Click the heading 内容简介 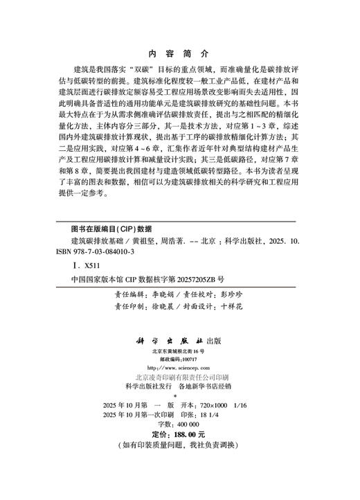coord(179,53)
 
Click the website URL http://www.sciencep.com coord(180,367)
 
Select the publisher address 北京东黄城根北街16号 coord(179,352)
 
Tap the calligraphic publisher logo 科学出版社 coord(169,341)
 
